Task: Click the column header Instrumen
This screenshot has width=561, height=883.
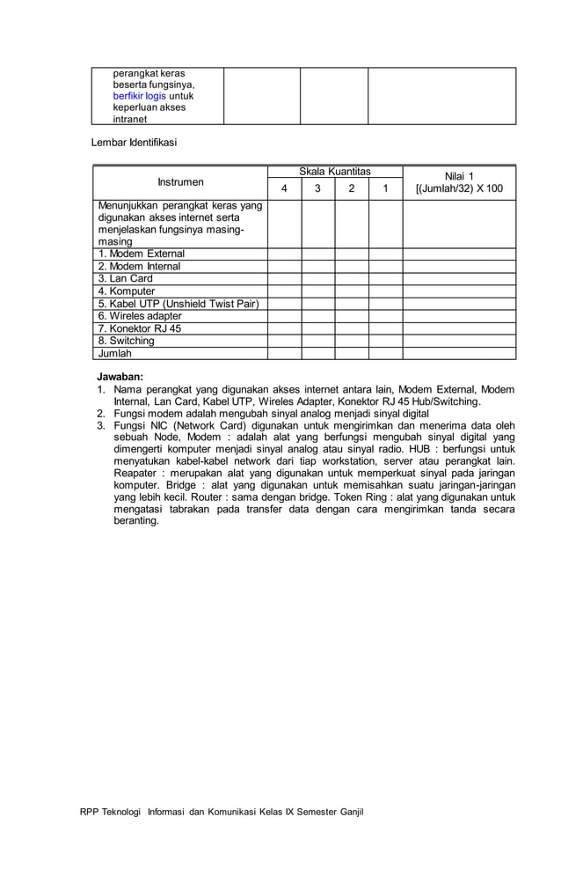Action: point(180,182)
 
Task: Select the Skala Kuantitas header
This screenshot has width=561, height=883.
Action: point(335,171)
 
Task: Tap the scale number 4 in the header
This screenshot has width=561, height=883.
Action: point(283,188)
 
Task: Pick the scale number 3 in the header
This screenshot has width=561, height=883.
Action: point(317,188)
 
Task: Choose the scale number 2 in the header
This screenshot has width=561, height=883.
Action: point(352,188)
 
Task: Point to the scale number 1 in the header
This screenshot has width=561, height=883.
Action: point(385,188)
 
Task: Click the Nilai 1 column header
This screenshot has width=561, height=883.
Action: point(459,182)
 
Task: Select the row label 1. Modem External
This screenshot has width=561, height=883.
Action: point(141,254)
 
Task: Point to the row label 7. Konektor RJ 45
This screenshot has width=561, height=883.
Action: point(139,328)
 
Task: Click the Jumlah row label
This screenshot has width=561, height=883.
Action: point(114,353)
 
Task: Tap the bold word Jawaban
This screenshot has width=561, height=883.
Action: point(120,376)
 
